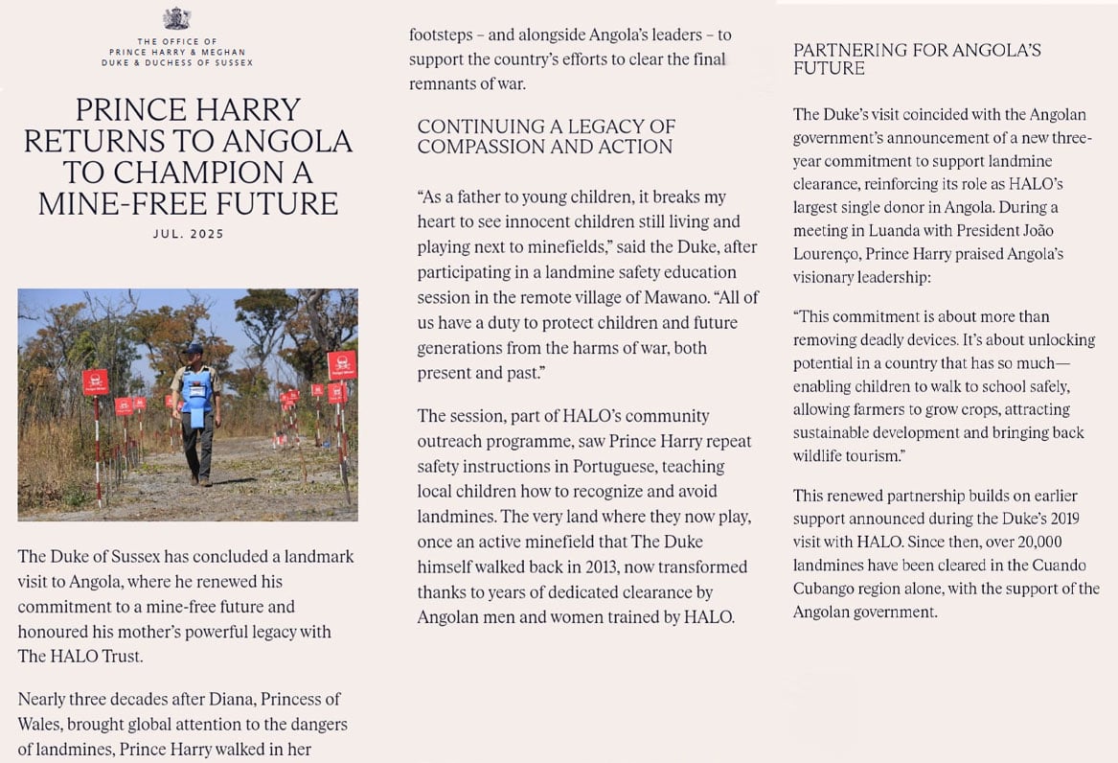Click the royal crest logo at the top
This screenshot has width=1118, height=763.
[x=176, y=18]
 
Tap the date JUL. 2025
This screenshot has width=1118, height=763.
[x=188, y=234]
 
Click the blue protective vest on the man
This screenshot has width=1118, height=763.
[x=197, y=394]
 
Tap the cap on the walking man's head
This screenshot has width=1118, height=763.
[x=194, y=350]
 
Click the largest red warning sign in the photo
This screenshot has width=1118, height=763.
[x=342, y=364]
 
